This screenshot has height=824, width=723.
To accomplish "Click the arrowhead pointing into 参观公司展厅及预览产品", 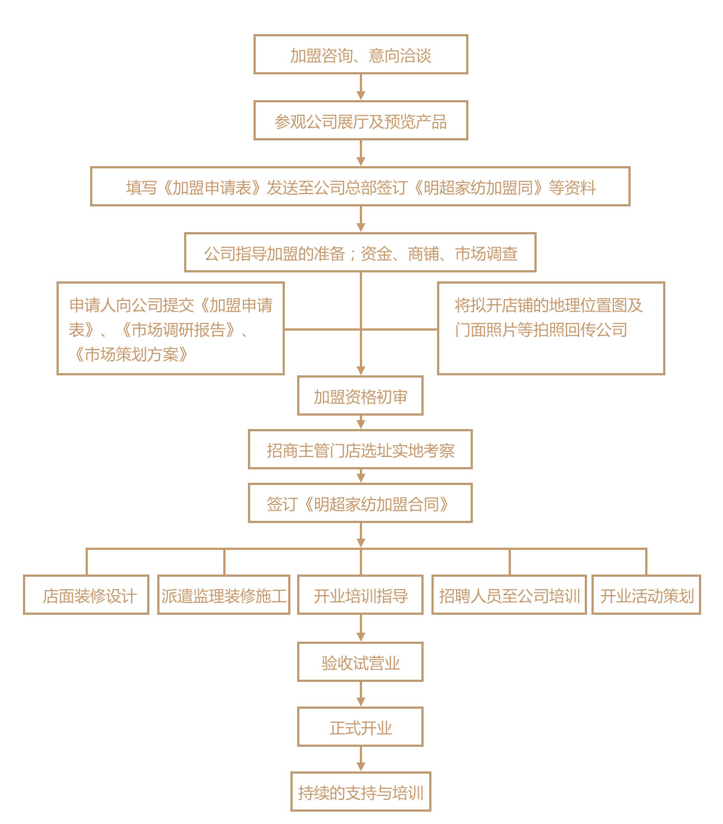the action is (x=360, y=95).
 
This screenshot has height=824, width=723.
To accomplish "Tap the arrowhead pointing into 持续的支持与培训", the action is (x=360, y=766).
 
